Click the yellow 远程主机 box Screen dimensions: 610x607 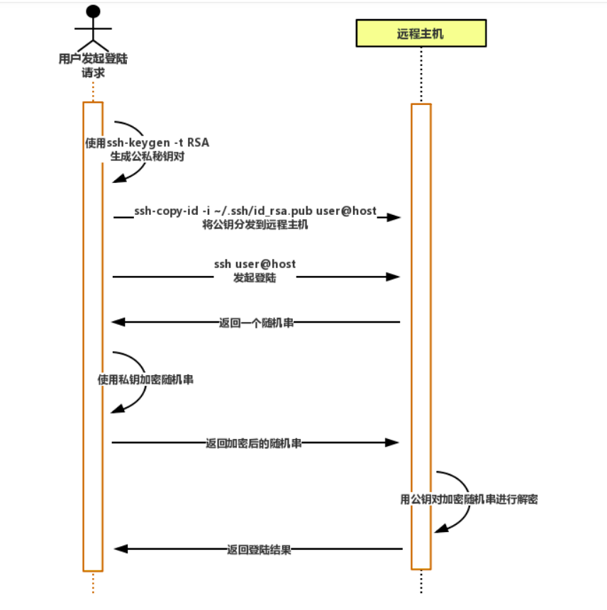[x=421, y=33]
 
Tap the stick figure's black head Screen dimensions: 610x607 [x=93, y=12]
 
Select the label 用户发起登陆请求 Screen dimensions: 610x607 [x=93, y=65]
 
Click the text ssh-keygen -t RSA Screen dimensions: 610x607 [x=158, y=143]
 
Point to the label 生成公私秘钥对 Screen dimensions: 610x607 [x=147, y=156]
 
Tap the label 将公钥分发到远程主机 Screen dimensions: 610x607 [x=255, y=225]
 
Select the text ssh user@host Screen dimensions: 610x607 [x=255, y=264]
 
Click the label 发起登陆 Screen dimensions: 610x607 [x=255, y=278]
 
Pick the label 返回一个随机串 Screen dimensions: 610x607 [x=256, y=323]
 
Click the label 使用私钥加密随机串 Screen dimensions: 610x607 [x=145, y=379]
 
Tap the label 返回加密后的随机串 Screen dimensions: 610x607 [x=254, y=443]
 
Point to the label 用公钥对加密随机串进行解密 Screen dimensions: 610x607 [x=469, y=499]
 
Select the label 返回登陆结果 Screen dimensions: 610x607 [x=259, y=549]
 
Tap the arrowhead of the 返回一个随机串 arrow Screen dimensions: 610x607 [x=118, y=322]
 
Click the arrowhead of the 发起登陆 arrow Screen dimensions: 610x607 [x=393, y=277]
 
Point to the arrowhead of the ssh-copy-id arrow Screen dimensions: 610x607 [x=394, y=217]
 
